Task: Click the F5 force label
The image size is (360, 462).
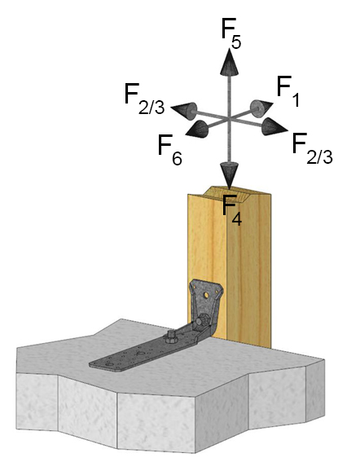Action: coord(231,33)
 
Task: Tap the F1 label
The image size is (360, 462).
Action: coord(288,90)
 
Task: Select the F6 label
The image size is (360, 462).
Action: coord(170,150)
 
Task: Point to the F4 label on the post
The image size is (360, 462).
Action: coord(232,210)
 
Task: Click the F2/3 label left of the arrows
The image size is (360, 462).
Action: coord(144,99)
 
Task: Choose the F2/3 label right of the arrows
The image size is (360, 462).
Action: coord(312,148)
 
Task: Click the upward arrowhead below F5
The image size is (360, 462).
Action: coord(229,62)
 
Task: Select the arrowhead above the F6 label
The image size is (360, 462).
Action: coord(196,130)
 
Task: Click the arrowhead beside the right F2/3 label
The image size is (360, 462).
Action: coord(274,127)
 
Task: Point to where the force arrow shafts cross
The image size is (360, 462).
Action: coord(229,119)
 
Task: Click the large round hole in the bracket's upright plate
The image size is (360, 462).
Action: coord(206,295)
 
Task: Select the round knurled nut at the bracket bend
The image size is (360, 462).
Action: coord(202,319)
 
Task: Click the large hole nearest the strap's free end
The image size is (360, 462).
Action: coord(110,364)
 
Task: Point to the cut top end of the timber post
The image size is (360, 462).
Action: coord(230,193)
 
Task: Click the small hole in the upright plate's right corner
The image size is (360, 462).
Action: coord(217,292)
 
